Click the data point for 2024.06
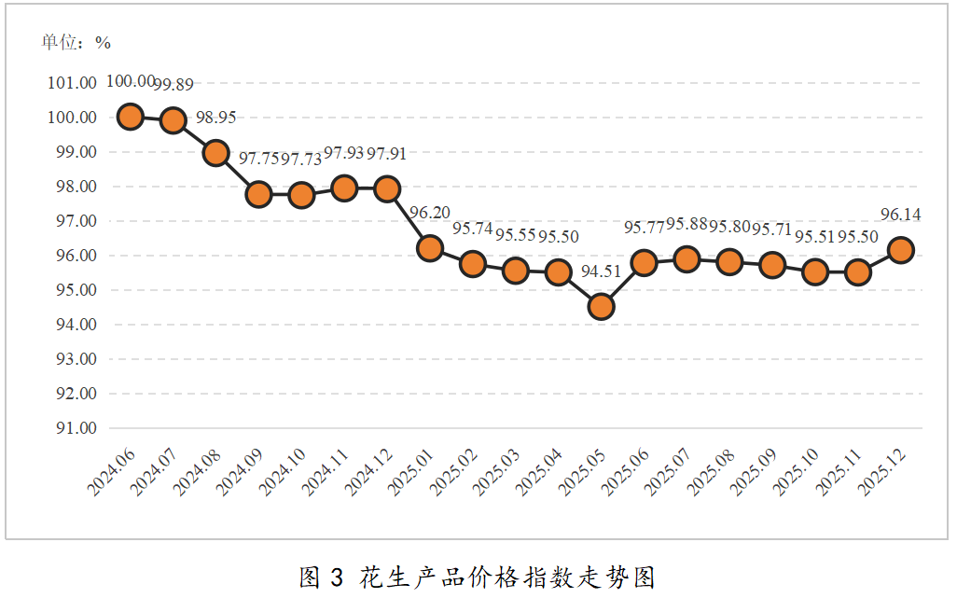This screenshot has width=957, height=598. pyautogui.click(x=130, y=117)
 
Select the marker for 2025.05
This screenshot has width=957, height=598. pyautogui.click(x=602, y=306)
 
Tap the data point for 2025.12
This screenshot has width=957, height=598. pyautogui.click(x=901, y=250)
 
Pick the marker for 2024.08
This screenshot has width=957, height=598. pyautogui.click(x=215, y=152)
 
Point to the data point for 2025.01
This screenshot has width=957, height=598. pyautogui.click(x=430, y=247)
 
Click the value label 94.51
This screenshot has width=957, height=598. pyautogui.click(x=602, y=271)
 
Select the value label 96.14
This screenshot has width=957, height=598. pyautogui.click(x=901, y=215)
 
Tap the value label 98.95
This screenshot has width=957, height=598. pyautogui.click(x=216, y=118)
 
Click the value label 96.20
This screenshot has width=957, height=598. pyautogui.click(x=430, y=213)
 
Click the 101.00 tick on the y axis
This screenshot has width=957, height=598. pyautogui.click(x=72, y=83)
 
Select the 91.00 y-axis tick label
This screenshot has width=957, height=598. pyautogui.click(x=72, y=428)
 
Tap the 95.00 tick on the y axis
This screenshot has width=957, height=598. pyautogui.click(x=72, y=290)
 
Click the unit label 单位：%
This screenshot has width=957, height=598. pyautogui.click(x=76, y=42)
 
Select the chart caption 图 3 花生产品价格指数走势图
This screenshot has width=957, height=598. pyautogui.click(x=477, y=577)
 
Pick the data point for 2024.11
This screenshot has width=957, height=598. pyautogui.click(x=344, y=188)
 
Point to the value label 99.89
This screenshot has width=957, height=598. pyautogui.click(x=173, y=84)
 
